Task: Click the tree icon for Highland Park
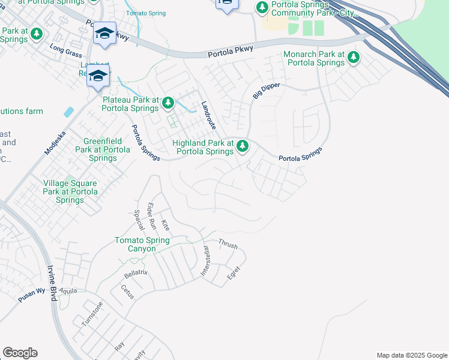point(243,145)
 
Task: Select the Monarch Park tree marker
point(354,58)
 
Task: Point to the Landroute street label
point(208,113)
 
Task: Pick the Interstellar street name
point(205,261)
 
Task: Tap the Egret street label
point(234,275)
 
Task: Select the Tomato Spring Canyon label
point(142,245)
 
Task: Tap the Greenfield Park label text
point(103,149)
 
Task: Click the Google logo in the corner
point(20,353)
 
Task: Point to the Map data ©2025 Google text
point(412,355)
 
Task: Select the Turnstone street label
point(92,312)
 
